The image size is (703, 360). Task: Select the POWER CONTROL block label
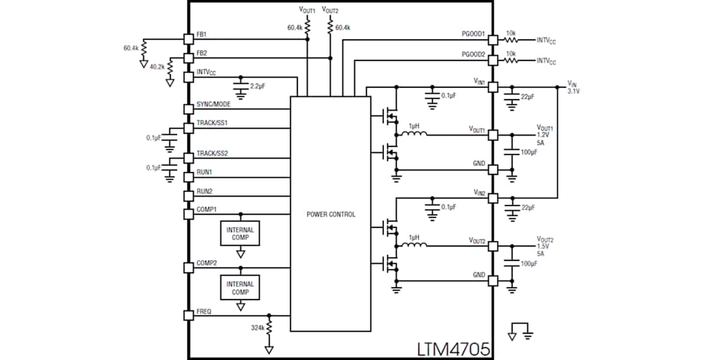(331, 214)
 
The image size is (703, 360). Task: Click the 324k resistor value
(257, 327)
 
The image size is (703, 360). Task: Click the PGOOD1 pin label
(472, 34)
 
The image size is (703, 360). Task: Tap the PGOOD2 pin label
(472, 55)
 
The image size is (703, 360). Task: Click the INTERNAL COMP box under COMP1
(241, 234)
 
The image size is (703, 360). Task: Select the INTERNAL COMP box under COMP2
(241, 287)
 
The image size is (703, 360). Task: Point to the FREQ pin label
(203, 311)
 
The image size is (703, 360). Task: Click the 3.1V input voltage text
(573, 91)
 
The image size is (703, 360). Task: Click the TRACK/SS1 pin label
(212, 122)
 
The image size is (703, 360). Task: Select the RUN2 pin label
(204, 191)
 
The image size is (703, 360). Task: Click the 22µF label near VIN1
(527, 96)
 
